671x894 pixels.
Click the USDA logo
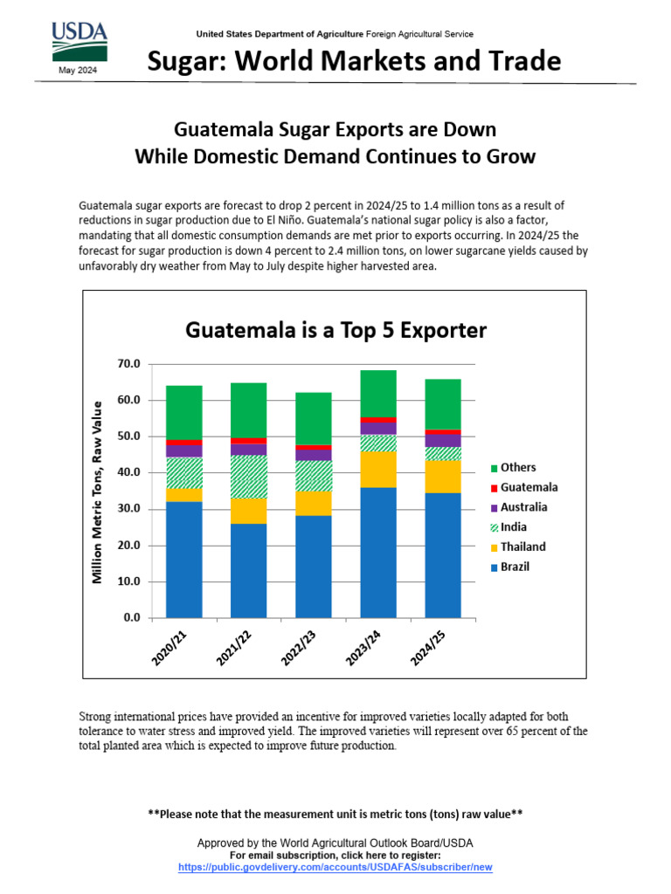point(79,40)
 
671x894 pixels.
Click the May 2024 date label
point(79,71)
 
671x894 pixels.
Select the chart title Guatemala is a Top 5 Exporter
point(335,331)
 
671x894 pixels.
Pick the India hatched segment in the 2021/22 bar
point(249,477)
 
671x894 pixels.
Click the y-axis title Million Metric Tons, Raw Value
point(98,491)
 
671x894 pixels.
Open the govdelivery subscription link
point(335,867)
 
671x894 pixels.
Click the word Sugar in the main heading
point(180,62)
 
